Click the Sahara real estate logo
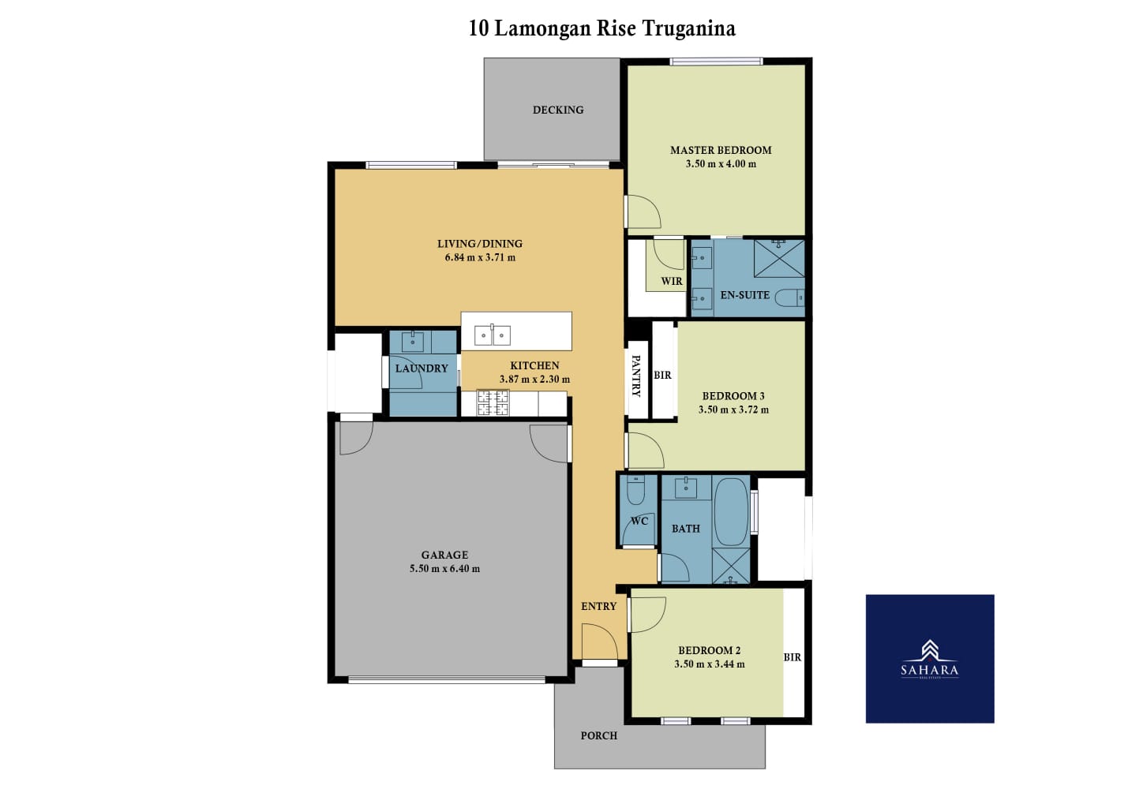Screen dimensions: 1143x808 coord(930,659)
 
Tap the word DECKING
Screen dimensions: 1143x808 coord(558,110)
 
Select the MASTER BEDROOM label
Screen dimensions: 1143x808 coord(721,150)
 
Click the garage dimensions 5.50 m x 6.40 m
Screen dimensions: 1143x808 coord(444,568)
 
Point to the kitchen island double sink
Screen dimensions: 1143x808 coord(492,335)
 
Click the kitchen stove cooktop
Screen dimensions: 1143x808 coord(493,402)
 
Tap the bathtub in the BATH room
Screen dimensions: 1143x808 coord(731,511)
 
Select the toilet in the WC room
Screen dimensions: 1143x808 coord(635,489)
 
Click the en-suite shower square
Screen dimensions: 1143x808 coord(779,258)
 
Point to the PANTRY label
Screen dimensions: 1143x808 coord(636,376)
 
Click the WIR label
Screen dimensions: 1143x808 coord(672,281)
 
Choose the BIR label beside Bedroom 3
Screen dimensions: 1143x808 coord(662,375)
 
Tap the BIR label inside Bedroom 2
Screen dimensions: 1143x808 coord(793,657)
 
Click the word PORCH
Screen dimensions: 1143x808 coord(599,735)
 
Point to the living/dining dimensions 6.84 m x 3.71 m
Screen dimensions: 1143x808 coord(480,257)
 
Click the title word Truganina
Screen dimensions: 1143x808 coord(689,28)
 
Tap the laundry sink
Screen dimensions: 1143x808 coord(412,342)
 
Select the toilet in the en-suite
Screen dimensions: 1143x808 coord(789,297)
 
